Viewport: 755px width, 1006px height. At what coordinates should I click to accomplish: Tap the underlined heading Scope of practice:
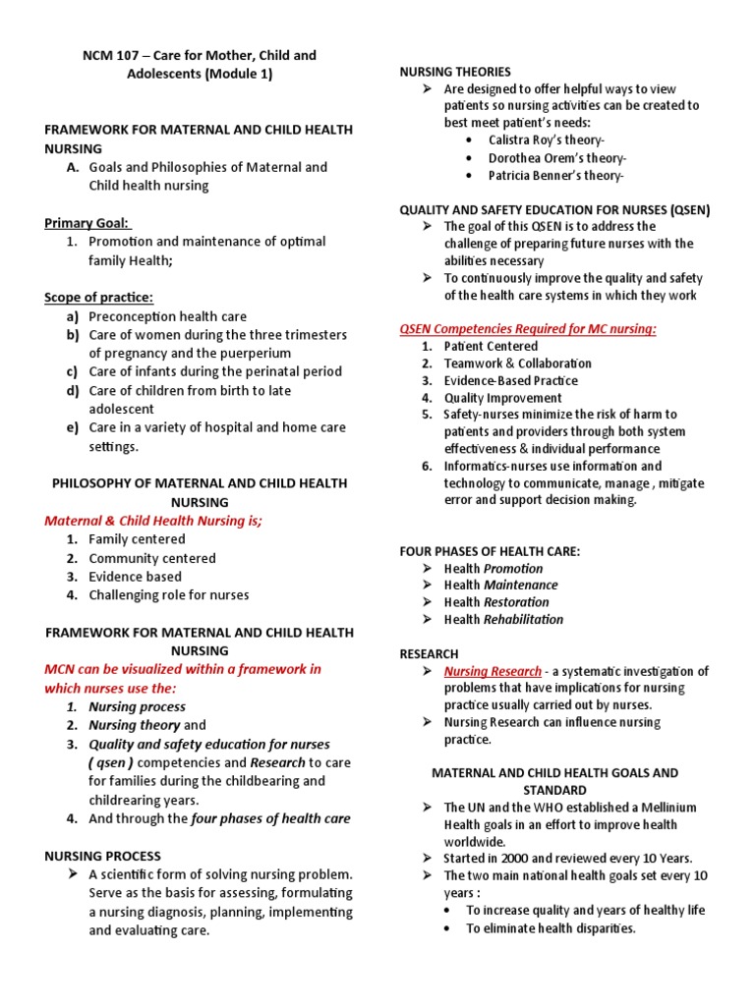[98, 298]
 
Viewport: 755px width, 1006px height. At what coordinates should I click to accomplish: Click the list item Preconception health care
[167, 316]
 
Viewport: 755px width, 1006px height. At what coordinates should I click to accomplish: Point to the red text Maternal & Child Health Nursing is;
[153, 521]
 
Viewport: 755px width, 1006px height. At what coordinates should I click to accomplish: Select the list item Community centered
[151, 558]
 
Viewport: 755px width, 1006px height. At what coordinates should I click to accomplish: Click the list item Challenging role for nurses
[168, 594]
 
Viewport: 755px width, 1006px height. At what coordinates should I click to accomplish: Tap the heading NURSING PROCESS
[102, 856]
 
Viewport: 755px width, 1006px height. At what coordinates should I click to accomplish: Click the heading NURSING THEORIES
[454, 72]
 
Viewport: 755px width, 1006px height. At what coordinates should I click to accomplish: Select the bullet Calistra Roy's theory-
[546, 140]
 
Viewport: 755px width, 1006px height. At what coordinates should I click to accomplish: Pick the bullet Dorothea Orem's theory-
[556, 158]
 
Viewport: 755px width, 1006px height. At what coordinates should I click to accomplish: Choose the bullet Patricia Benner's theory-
[555, 176]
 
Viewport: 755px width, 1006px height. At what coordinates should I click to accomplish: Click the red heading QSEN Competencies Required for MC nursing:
[527, 329]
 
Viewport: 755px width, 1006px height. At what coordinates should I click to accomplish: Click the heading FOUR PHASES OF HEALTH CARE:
[490, 551]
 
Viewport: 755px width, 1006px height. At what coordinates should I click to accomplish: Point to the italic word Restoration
[516, 602]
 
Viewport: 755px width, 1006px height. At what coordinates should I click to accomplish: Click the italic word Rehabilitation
[523, 619]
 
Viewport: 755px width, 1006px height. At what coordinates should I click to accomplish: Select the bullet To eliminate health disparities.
[551, 928]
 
